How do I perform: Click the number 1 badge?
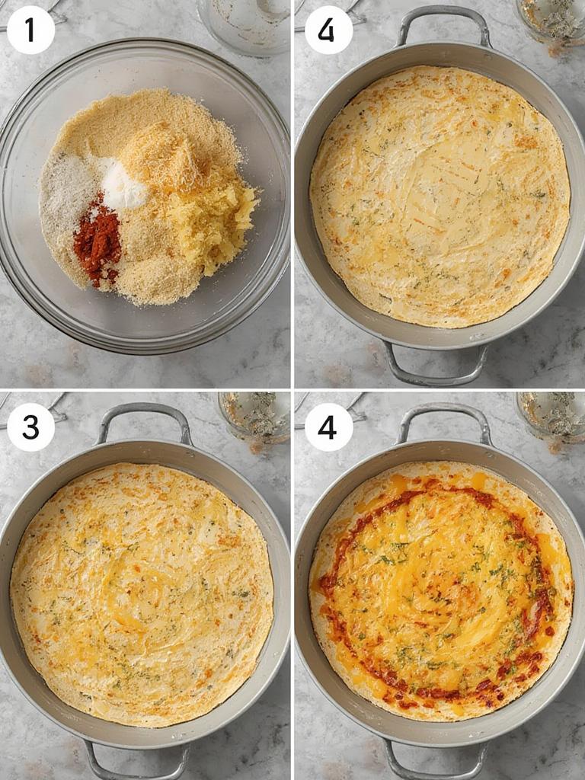pos(30,30)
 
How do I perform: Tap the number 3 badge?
pos(30,427)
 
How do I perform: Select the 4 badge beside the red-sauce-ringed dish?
pos(328,427)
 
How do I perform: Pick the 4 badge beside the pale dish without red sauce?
pos(328,30)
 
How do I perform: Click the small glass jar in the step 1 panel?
pos(244,23)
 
